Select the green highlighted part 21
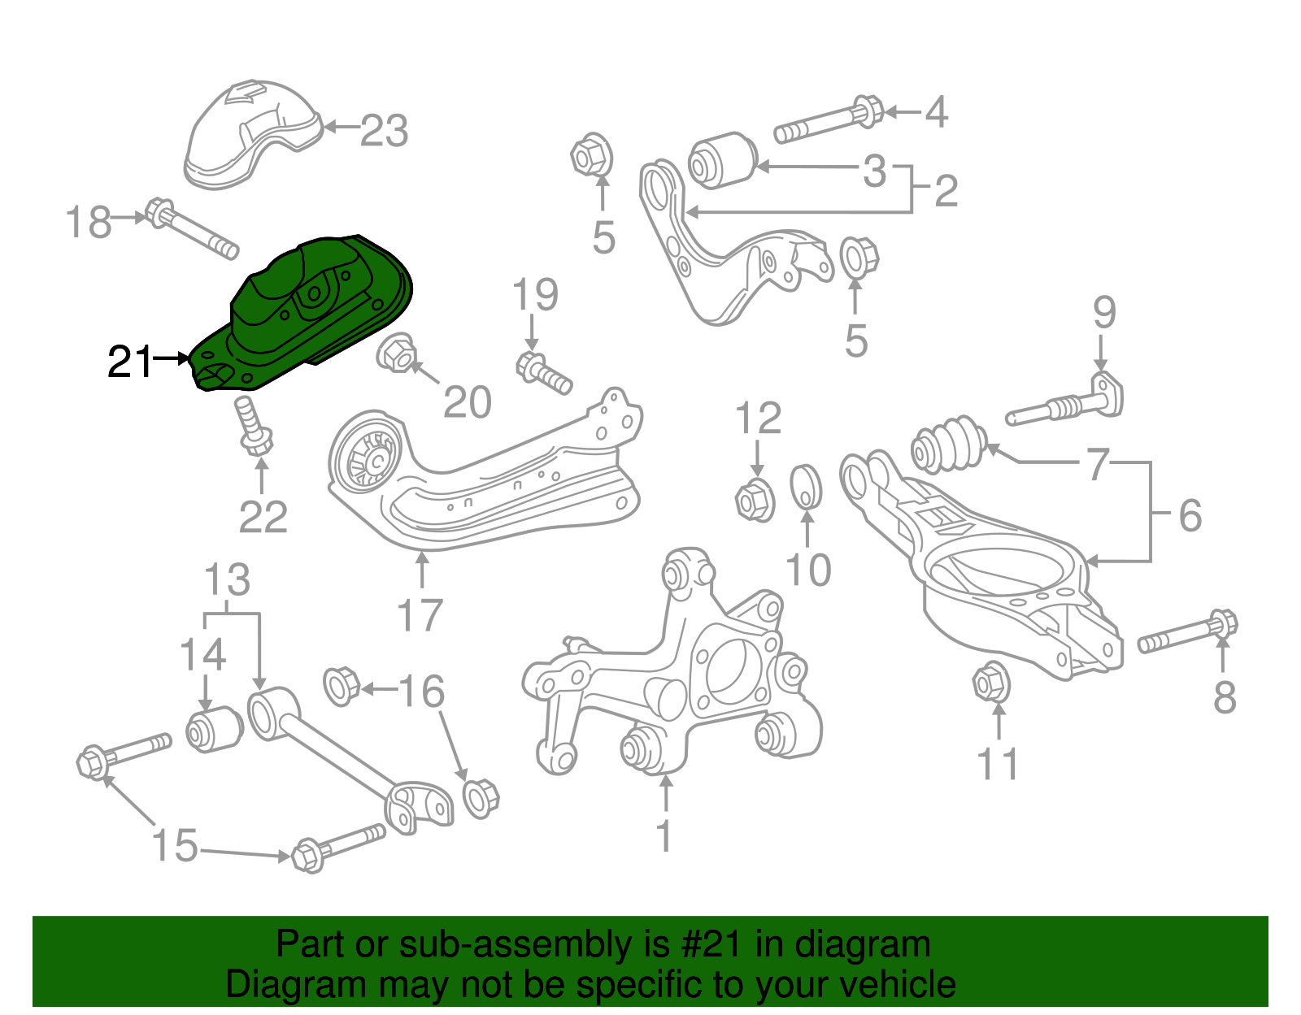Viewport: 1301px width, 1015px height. tap(309, 309)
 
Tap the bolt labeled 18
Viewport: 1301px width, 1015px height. tap(192, 229)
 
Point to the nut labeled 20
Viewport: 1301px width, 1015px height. tap(398, 354)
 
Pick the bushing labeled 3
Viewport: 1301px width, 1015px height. tap(722, 159)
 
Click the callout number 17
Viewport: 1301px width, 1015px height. tap(420, 615)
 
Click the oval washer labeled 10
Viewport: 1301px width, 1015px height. tap(806, 485)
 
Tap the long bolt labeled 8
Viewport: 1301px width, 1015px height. tap(1187, 635)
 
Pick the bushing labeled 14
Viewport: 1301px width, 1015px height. tap(215, 729)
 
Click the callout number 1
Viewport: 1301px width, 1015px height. tap(664, 835)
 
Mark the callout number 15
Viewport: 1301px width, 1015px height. tap(175, 845)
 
